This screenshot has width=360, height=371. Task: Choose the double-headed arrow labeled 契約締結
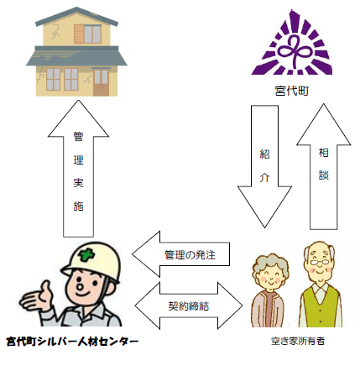[186, 302]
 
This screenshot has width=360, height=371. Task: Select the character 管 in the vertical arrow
[77, 135]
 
